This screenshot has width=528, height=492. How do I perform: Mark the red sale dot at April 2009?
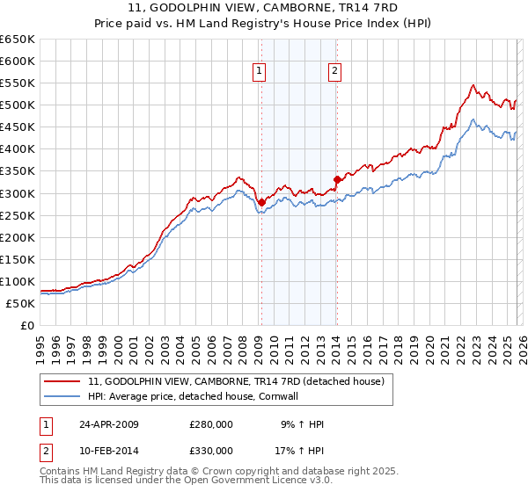(261, 202)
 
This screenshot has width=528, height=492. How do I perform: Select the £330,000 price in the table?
(211, 451)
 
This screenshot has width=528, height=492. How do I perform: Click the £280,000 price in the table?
(211, 424)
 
